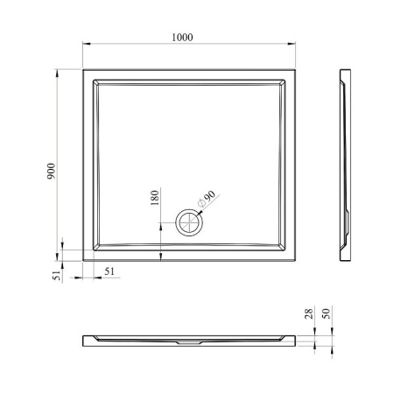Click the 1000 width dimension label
pyautogui.click(x=182, y=38)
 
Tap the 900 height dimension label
pyautogui.click(x=51, y=171)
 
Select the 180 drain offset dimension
pyautogui.click(x=155, y=198)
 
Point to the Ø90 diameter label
pyautogui.click(x=207, y=199)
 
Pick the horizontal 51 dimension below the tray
pyautogui.click(x=109, y=271)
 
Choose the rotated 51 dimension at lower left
pyautogui.click(x=57, y=275)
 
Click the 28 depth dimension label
pyautogui.click(x=308, y=313)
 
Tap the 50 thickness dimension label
pyautogui.click(x=326, y=313)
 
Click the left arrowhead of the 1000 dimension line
pyautogui.click(x=87, y=44)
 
